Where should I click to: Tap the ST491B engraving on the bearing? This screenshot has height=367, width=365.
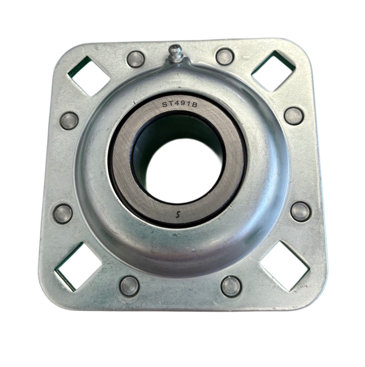(x=180, y=104)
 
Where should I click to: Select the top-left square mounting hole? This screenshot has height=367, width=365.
(x=89, y=76)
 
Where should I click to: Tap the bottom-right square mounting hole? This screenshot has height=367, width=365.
(x=285, y=266)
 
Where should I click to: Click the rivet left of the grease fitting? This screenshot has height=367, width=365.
(x=136, y=59)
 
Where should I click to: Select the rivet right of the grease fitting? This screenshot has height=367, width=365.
(x=225, y=56)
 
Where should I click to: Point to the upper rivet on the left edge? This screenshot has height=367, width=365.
(x=69, y=121)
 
